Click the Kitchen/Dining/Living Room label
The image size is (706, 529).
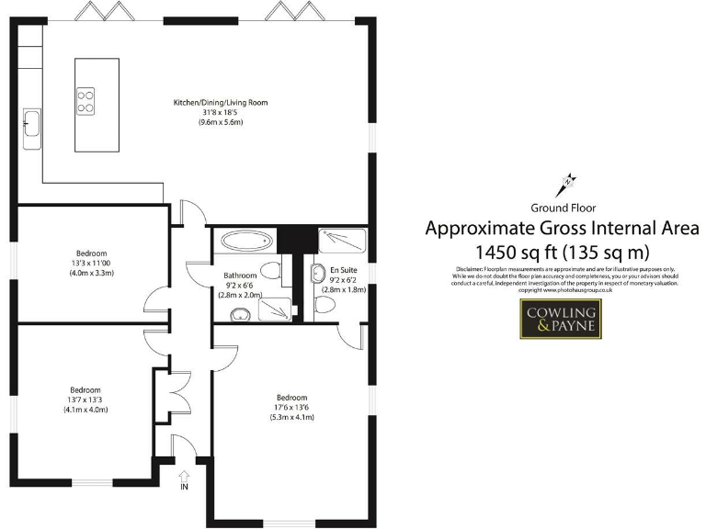[221, 102]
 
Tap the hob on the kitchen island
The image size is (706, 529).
[85, 99]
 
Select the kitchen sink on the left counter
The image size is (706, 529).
[32, 122]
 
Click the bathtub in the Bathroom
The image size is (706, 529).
[246, 242]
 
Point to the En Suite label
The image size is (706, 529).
[344, 270]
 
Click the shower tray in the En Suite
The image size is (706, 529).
[342, 242]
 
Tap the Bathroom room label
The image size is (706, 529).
[240, 276]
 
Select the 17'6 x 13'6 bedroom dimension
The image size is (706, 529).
[291, 408]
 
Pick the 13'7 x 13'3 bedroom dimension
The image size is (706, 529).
[86, 400]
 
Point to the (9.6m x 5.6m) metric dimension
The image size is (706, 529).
[221, 122]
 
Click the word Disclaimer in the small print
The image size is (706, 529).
[472, 268]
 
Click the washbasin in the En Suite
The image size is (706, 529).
[318, 273]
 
